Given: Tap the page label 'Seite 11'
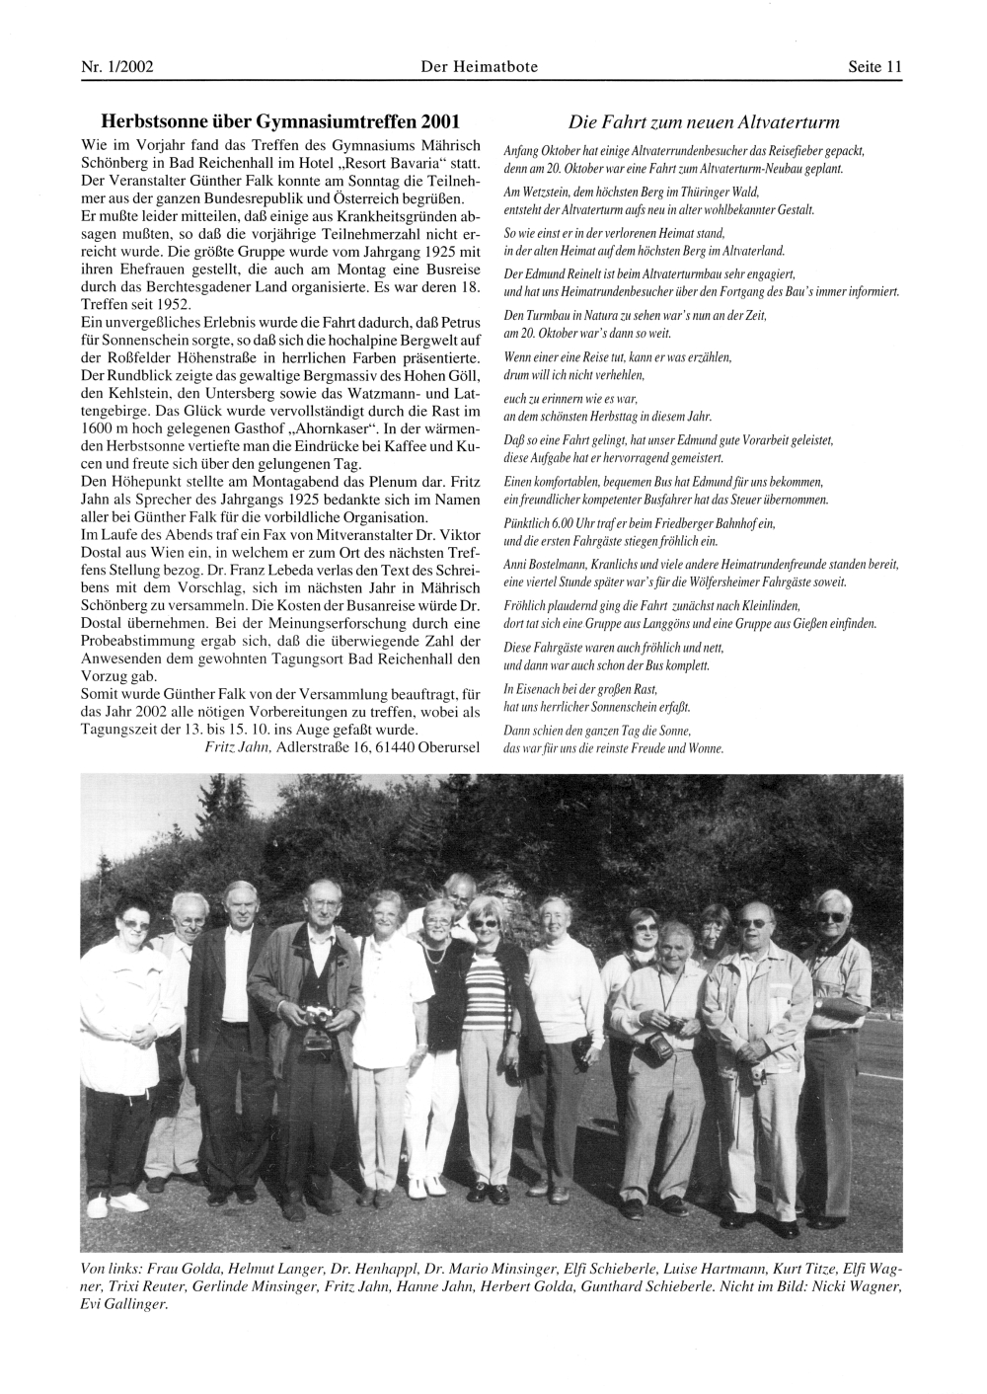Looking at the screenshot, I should point(874,67).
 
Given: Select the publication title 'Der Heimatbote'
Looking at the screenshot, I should point(479,67).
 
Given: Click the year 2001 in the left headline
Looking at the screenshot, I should point(440,122).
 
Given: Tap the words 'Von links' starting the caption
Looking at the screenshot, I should point(111,1268).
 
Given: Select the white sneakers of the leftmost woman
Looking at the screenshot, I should point(98,1204).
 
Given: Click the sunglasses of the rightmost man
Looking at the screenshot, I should point(832,916).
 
